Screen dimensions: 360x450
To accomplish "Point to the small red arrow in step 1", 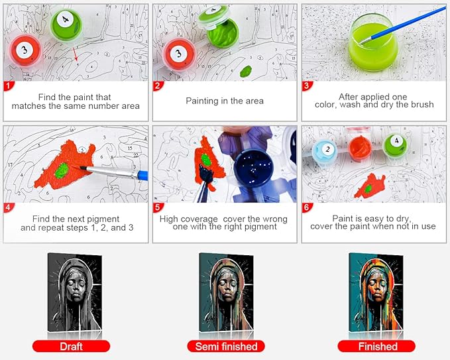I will click(76, 58).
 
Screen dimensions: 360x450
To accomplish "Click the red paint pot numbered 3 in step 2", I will click(177, 53).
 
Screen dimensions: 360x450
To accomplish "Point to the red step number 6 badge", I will click(306, 208).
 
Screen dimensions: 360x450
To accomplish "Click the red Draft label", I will click(71, 345).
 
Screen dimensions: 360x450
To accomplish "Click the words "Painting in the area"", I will click(224, 101).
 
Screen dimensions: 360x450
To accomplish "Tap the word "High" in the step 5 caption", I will click(171, 219).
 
